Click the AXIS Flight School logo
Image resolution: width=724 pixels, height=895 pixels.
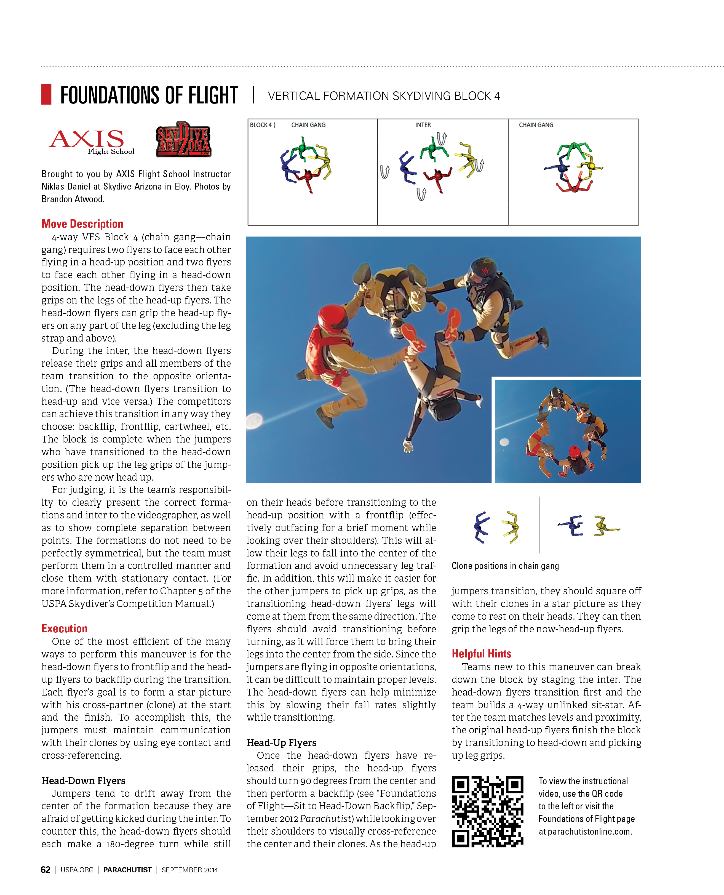tap(92, 141)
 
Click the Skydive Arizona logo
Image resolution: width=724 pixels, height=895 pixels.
tap(183, 139)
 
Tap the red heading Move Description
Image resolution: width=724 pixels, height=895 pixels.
tap(82, 224)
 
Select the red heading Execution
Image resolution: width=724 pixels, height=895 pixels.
tap(65, 628)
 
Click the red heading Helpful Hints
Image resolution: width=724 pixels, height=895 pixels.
tap(481, 653)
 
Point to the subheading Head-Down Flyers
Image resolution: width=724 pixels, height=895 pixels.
tap(83, 780)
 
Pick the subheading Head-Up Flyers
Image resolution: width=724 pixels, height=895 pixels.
tap(282, 742)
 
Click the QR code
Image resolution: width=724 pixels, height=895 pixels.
tap(488, 811)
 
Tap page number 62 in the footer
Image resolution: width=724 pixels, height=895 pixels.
tap(46, 870)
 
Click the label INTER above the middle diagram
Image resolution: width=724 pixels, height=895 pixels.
tap(423, 125)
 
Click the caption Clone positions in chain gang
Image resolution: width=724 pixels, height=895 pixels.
tap(505, 566)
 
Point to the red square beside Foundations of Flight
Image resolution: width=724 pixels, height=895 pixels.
tap(46, 94)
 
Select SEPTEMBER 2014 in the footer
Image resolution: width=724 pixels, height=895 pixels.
tap(190, 870)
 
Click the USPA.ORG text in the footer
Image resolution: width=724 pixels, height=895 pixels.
tap(77, 870)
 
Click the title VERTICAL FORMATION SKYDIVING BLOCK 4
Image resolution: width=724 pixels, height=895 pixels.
tap(384, 96)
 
